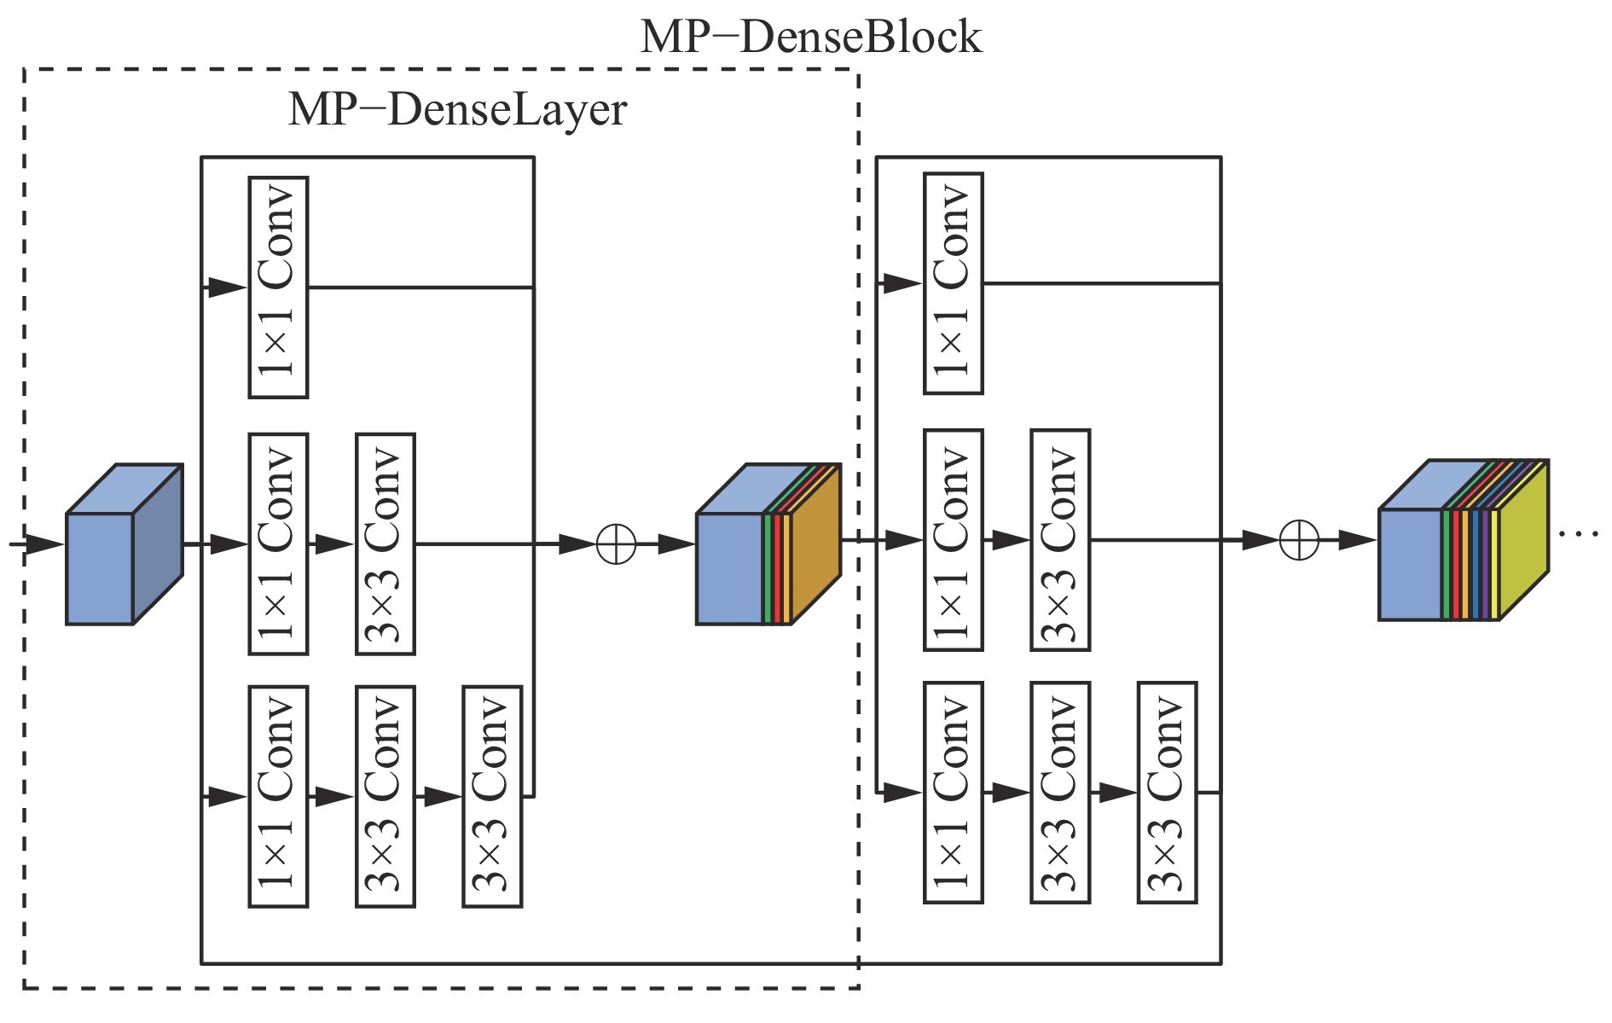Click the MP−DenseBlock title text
[x=810, y=38]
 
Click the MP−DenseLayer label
[x=457, y=110]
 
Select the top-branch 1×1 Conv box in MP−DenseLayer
[x=278, y=288]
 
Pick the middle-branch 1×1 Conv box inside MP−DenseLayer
[x=278, y=543]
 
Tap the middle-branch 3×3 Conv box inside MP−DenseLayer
[x=386, y=543]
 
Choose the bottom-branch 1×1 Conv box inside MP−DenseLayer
[x=278, y=796]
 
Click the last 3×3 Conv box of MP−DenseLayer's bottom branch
[x=492, y=796]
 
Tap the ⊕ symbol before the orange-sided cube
[x=616, y=544]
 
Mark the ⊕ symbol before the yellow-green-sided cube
[x=1299, y=540]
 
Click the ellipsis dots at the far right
[x=1578, y=534]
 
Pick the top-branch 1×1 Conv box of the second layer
[x=954, y=283]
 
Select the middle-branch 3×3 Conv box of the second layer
[x=1060, y=540]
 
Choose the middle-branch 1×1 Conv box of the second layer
[x=954, y=540]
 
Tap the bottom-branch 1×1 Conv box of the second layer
[x=954, y=793]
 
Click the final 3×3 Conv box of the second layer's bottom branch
[x=1168, y=793]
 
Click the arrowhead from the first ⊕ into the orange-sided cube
[x=676, y=544]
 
